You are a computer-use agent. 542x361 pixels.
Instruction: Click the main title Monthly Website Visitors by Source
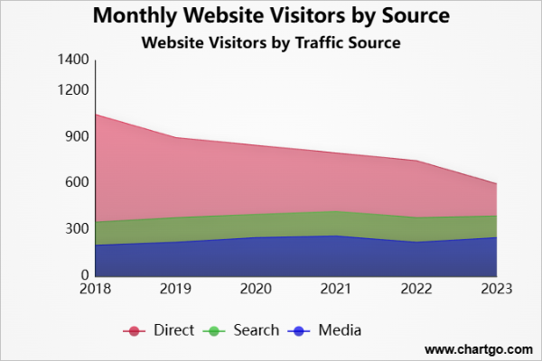(x=271, y=16)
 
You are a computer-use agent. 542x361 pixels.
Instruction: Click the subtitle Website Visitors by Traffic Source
(x=271, y=42)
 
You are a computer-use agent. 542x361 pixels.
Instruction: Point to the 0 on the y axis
(x=84, y=275)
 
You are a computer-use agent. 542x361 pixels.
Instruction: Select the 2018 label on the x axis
(x=95, y=289)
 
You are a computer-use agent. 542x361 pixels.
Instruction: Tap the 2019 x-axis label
(x=175, y=289)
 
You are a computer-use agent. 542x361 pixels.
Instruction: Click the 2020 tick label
(x=256, y=289)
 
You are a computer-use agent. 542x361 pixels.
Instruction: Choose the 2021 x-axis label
(x=336, y=289)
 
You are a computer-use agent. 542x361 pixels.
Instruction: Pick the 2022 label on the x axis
(x=416, y=289)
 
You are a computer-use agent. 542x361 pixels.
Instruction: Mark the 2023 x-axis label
(x=497, y=289)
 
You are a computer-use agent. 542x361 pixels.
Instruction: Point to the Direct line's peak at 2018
(x=95, y=115)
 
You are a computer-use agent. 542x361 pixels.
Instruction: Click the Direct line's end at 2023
(x=497, y=184)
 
